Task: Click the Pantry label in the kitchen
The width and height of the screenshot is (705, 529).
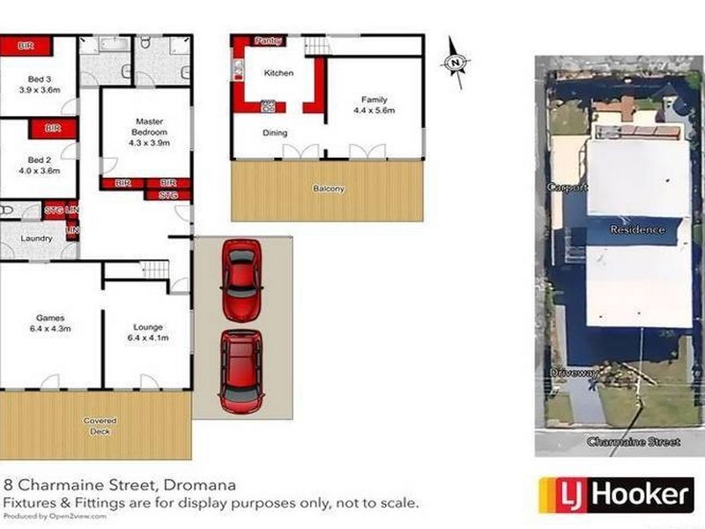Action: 267,41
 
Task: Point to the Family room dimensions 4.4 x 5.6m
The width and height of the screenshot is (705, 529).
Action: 374,111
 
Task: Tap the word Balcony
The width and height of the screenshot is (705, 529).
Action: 327,189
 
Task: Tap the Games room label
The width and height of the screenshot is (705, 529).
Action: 49,318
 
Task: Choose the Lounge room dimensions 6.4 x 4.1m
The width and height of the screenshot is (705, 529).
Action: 147,338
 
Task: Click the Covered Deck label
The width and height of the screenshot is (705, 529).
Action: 100,426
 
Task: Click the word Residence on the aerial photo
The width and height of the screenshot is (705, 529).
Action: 638,229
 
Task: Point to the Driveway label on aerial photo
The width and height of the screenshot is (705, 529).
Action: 575,373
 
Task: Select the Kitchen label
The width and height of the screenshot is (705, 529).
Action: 279,73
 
